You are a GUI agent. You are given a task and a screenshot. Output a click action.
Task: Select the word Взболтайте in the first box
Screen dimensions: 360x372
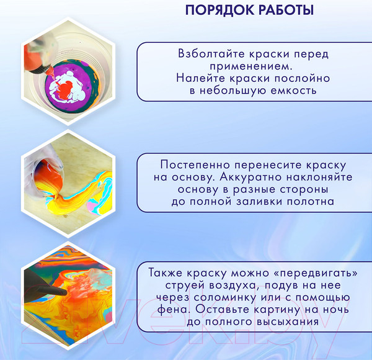pyautogui.click(x=208, y=53)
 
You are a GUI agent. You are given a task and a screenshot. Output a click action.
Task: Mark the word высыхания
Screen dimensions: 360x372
pyautogui.click(x=285, y=322)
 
